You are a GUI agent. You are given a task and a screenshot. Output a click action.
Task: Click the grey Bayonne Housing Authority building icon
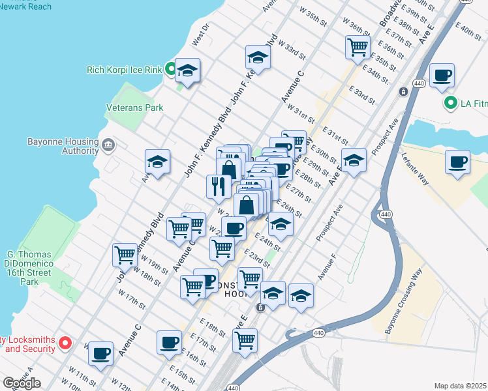[108, 144]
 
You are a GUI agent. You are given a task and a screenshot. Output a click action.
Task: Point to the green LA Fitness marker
[450, 103]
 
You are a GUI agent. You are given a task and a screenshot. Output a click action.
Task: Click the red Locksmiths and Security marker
[65, 342]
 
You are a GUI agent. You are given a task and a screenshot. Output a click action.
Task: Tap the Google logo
[22, 383]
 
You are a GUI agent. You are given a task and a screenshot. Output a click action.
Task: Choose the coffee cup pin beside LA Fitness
[442, 76]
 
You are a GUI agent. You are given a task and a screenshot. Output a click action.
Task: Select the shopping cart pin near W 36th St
[358, 47]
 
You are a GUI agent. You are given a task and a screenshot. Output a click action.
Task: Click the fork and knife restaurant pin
[218, 187]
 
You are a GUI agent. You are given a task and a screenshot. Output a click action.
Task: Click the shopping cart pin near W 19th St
[125, 255]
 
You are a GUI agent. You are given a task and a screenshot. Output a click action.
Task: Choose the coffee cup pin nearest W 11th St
[100, 353]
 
